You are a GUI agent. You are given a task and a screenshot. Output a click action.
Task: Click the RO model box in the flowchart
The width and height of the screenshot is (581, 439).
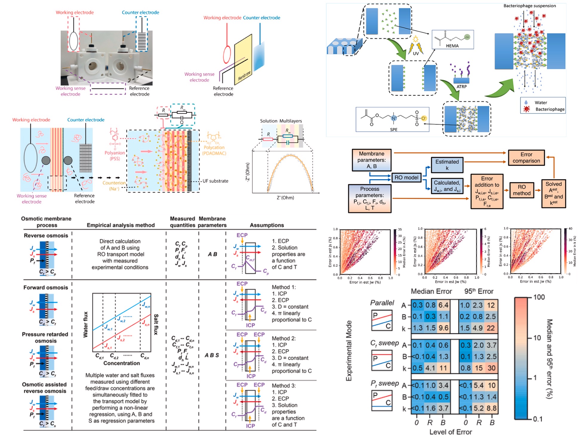tap(406, 178)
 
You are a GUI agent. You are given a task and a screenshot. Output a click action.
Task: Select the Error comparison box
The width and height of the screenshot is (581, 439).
tap(526, 158)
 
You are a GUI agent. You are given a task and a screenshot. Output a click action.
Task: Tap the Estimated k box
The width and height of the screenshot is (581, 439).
tap(447, 165)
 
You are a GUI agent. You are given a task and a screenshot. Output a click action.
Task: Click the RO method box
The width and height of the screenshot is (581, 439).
tap(522, 190)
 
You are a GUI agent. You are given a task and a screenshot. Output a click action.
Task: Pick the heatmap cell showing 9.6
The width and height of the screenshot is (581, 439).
tap(443, 328)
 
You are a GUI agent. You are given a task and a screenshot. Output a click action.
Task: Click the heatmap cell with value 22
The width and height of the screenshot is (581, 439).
tap(491, 328)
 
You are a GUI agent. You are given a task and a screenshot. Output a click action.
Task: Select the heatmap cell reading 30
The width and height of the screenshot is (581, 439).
tap(491, 368)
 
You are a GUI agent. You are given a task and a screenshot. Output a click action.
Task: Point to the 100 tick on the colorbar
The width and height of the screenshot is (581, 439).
tap(539, 297)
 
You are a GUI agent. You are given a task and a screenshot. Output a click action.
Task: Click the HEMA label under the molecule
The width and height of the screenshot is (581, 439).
tap(452, 46)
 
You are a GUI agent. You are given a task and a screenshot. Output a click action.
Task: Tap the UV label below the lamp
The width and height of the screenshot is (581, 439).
tap(416, 54)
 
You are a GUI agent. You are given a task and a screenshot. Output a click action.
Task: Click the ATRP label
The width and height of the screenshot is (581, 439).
tap(461, 87)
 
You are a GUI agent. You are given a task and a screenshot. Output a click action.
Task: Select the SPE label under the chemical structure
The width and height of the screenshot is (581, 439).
tap(394, 130)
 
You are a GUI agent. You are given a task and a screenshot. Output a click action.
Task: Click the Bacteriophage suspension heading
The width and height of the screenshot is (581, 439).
tap(529, 6)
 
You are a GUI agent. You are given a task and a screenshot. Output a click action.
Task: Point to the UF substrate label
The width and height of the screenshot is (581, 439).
tap(215, 181)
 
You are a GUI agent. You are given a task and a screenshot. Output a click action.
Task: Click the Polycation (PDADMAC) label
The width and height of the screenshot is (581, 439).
tap(214, 150)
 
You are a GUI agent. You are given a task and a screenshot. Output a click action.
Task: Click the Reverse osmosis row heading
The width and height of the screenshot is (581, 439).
tap(46, 235)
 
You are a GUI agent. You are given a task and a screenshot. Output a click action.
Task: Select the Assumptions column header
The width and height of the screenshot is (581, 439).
tap(267, 225)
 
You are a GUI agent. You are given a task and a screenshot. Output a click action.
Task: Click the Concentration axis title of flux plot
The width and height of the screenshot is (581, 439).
tap(121, 363)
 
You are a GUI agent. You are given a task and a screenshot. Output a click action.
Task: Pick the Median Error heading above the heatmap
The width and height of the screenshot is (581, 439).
tap(431, 291)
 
